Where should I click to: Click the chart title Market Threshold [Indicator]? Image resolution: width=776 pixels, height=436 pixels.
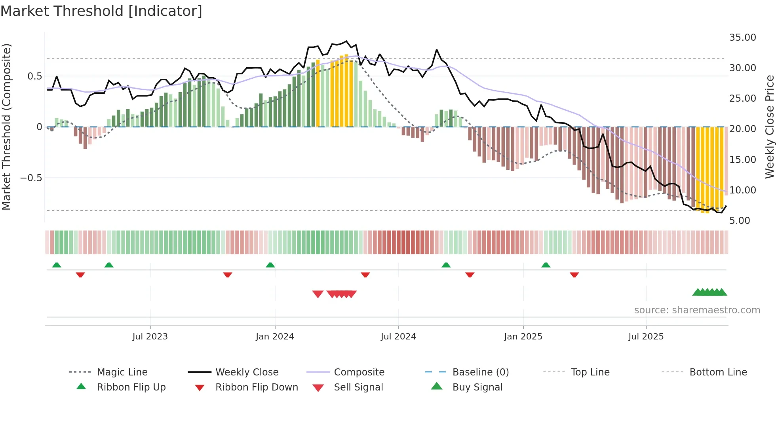pyautogui.click(x=101, y=11)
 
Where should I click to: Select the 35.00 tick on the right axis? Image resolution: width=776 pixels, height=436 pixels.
pyautogui.click(x=742, y=38)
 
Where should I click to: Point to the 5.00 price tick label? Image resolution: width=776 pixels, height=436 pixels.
pyautogui.click(x=739, y=221)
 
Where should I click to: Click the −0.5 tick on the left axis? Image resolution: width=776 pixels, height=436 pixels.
pyautogui.click(x=31, y=178)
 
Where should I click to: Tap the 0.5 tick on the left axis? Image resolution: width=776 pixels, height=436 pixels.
pyautogui.click(x=34, y=76)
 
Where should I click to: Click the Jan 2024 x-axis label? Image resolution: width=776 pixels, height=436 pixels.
pyautogui.click(x=275, y=337)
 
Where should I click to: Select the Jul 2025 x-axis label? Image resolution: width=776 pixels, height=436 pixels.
pyautogui.click(x=646, y=337)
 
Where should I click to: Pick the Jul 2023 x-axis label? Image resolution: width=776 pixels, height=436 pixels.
pyautogui.click(x=150, y=337)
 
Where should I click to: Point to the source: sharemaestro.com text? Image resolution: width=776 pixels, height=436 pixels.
pyautogui.click(x=697, y=310)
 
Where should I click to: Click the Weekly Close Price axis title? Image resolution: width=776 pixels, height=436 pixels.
pyautogui.click(x=769, y=127)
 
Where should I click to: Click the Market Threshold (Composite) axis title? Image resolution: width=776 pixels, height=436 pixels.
pyautogui.click(x=6, y=127)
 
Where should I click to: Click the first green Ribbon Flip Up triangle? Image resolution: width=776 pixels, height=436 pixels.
pyautogui.click(x=57, y=265)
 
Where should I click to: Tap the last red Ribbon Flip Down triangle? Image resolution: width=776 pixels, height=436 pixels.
pyautogui.click(x=574, y=275)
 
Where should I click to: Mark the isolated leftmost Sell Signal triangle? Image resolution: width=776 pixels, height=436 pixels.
pyautogui.click(x=318, y=294)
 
